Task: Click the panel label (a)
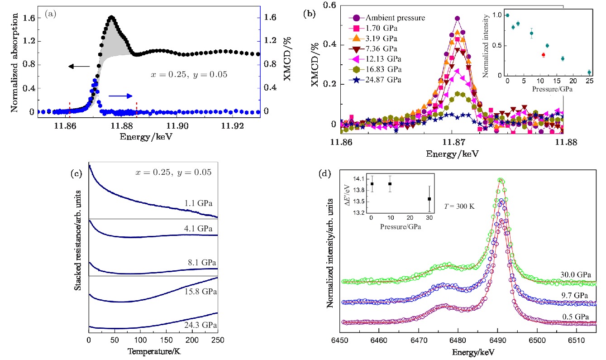click(50, 14)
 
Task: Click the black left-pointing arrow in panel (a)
click(79, 67)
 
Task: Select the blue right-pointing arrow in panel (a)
click(120, 96)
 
